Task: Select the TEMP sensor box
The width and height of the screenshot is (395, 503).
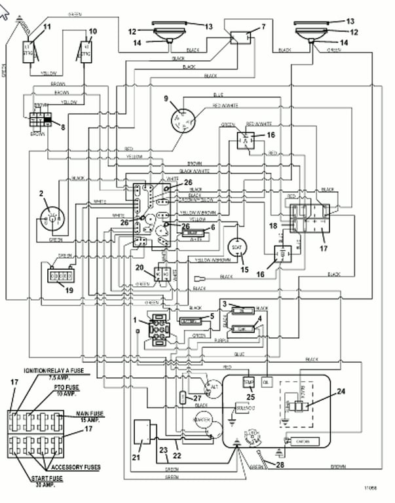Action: (248, 381)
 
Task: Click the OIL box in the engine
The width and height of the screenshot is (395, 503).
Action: (266, 381)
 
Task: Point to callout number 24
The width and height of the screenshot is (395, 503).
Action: (340, 392)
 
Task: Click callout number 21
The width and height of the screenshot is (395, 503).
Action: (137, 458)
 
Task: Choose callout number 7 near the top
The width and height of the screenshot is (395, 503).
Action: (263, 27)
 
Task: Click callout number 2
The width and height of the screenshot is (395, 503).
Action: (40, 193)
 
